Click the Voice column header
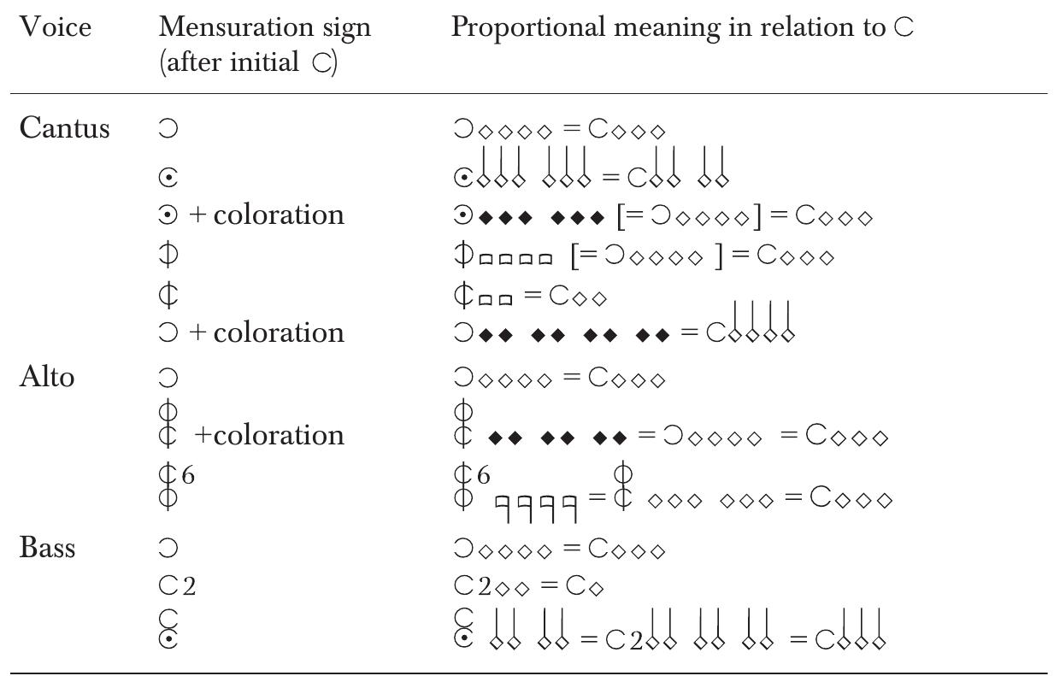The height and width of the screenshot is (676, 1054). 55,27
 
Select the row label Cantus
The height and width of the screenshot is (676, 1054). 64,128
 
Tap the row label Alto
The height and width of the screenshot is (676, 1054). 46,377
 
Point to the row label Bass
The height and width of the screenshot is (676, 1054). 47,547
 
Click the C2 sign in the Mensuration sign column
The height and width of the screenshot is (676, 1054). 177,587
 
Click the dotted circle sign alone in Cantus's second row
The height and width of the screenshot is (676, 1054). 168,178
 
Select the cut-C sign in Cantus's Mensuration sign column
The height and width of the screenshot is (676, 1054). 168,296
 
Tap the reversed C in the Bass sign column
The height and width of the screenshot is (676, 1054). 168,548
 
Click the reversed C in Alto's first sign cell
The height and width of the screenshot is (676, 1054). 168,377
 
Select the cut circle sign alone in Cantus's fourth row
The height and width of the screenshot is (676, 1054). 168,255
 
